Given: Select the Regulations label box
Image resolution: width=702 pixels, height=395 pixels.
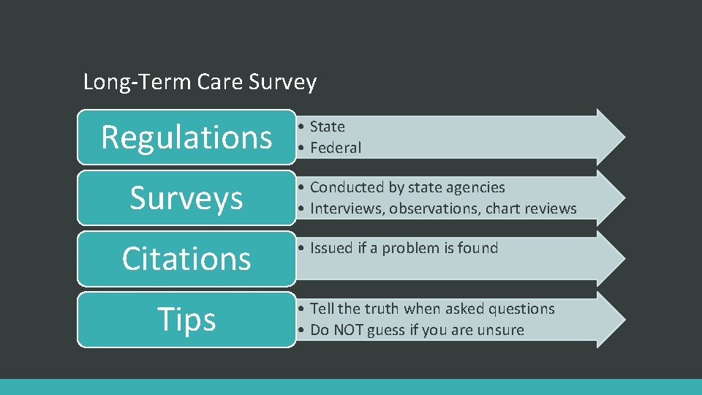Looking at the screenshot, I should (186, 137).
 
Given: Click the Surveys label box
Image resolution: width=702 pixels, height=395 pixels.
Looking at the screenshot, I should (186, 197).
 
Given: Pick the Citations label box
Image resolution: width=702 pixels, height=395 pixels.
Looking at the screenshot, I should (186, 258).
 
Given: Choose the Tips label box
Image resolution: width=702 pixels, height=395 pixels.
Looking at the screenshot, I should (186, 319).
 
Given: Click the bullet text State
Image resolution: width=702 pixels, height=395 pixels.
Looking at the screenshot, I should (327, 127).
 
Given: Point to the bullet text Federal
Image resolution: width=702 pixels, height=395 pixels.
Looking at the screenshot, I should (336, 148).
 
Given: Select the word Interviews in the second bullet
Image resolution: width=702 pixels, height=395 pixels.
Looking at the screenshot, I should (347, 208).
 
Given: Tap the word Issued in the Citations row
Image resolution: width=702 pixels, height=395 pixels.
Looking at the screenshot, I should (331, 248).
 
